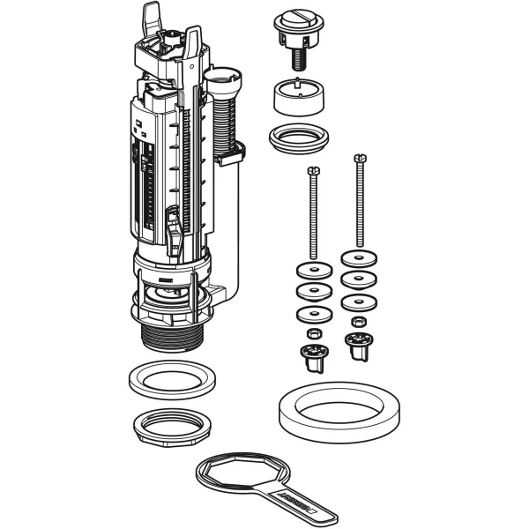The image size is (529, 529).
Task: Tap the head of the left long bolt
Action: coord(310,170)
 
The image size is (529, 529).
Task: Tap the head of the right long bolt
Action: coord(358,160)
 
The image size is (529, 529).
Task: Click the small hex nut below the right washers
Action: coord(358,322)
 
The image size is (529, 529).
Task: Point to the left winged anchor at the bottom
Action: coord(311,354)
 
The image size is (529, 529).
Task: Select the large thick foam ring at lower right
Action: coord(329,411)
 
